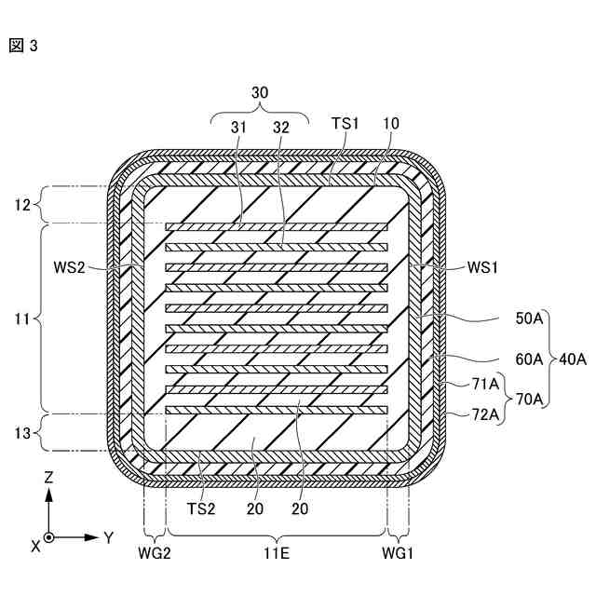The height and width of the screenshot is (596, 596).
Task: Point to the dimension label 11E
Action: [275, 553]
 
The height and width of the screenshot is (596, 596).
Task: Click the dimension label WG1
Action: [399, 553]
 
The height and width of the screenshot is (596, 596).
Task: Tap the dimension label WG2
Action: [153, 553]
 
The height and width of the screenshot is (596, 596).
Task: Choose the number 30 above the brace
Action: [260, 93]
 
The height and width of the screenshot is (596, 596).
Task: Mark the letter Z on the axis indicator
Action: [48, 477]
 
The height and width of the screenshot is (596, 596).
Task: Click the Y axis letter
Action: [108, 537]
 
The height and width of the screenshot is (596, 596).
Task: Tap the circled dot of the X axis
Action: [48, 538]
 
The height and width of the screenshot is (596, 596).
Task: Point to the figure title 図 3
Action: [23, 44]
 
